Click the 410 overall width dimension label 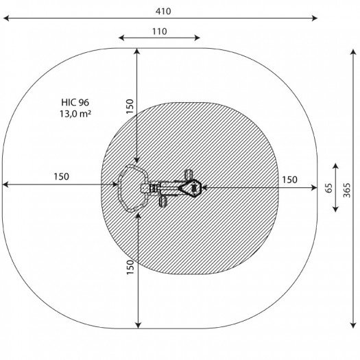pyautogui.click(x=163, y=11)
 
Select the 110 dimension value pyautogui.click(x=160, y=32)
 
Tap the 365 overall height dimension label pyautogui.click(x=347, y=191)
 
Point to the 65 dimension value pyautogui.click(x=329, y=188)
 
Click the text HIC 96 pyautogui.click(x=75, y=102)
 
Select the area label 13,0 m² pyautogui.click(x=75, y=114)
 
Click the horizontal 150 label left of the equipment pyautogui.click(x=61, y=176)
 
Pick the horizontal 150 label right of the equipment pyautogui.click(x=289, y=180)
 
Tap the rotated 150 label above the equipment pyautogui.click(x=130, y=106)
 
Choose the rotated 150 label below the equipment pyautogui.click(x=130, y=267)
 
